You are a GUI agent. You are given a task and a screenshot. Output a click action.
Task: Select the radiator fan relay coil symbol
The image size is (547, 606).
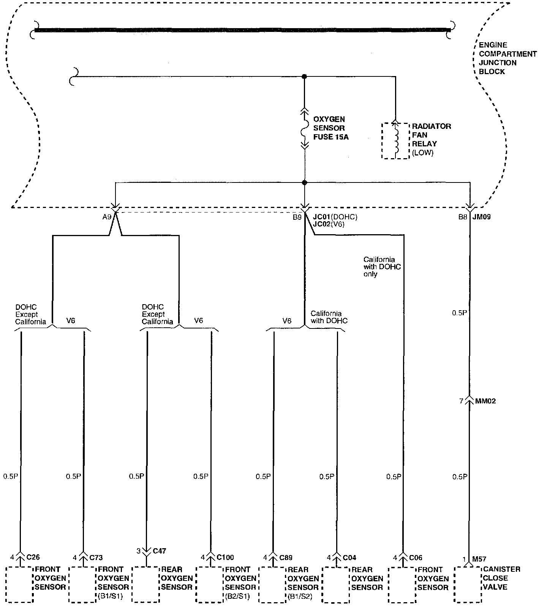click(395, 140)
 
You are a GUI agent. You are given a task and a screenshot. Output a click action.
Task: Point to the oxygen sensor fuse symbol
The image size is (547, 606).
click(304, 128)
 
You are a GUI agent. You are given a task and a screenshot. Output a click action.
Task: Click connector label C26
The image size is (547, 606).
click(33, 557)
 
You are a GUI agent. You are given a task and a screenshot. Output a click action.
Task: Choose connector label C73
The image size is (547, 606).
click(96, 557)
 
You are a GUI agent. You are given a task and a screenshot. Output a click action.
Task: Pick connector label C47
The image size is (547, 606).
click(160, 550)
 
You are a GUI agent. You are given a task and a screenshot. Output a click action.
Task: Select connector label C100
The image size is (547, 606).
click(225, 557)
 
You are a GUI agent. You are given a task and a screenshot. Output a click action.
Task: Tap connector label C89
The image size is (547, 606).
click(286, 557)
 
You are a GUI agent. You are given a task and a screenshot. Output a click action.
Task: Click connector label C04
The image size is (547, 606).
click(349, 557)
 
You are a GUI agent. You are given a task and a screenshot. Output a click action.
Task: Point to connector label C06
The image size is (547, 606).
click(416, 557)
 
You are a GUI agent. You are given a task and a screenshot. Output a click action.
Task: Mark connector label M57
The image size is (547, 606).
click(479, 559)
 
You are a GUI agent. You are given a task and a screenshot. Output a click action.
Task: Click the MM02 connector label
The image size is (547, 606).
click(485, 401)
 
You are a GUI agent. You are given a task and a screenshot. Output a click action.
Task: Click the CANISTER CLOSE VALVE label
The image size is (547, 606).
click(501, 578)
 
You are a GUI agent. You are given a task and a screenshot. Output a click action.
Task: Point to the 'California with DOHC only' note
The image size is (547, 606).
click(382, 267)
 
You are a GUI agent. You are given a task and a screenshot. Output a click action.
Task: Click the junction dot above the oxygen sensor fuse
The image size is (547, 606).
click(304, 76)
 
